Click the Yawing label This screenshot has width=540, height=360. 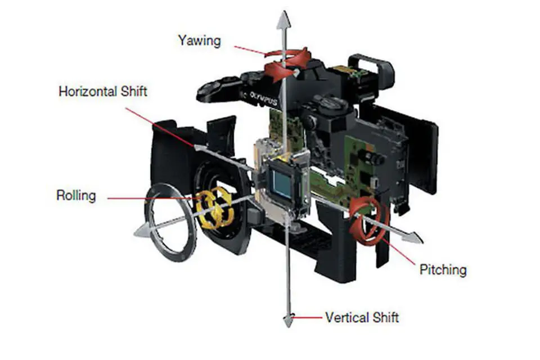[x=200, y=40]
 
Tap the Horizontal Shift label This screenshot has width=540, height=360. [x=103, y=91]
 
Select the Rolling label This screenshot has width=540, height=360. [x=76, y=196]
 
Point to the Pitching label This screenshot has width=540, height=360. [x=443, y=269]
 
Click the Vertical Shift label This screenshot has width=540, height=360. [x=362, y=317]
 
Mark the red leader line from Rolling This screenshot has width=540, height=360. [x=146, y=198]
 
